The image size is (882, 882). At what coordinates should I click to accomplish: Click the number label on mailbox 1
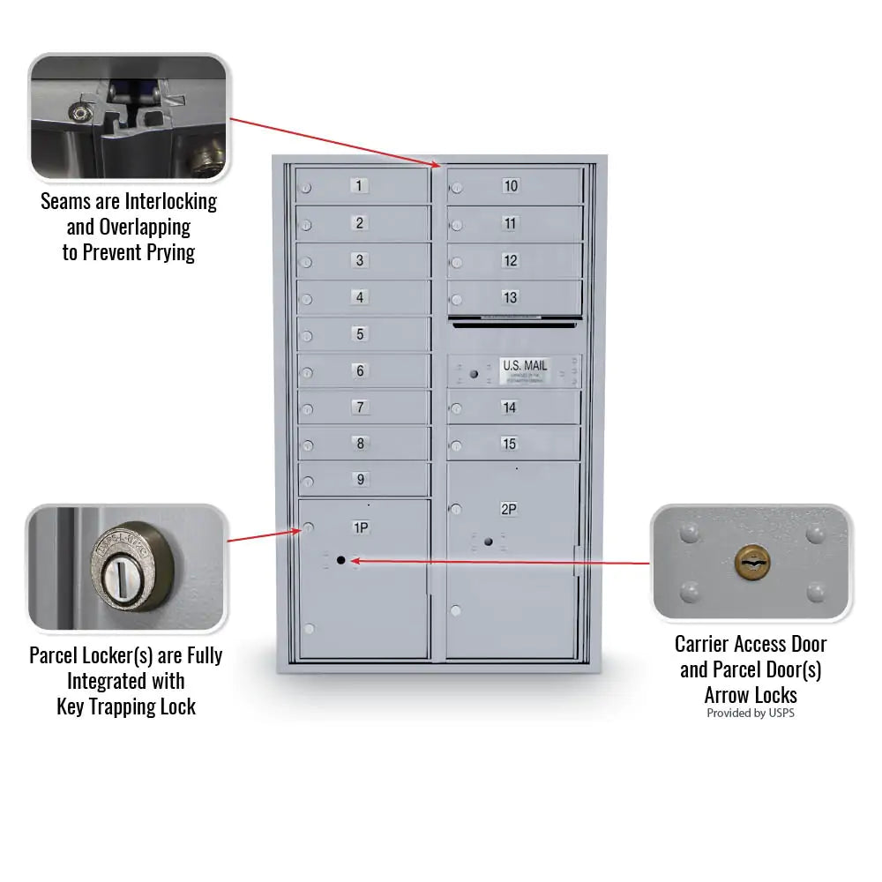click(x=359, y=186)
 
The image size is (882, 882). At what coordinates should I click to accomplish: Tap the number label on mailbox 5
click(x=359, y=334)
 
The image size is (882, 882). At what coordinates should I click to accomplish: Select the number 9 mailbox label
click(x=360, y=480)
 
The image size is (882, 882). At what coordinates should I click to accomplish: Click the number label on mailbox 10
click(x=511, y=186)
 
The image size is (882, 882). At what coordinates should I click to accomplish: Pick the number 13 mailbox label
click(x=510, y=297)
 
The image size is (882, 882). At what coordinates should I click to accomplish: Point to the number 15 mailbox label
click(x=509, y=444)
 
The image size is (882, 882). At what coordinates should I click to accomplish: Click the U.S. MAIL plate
click(x=525, y=370)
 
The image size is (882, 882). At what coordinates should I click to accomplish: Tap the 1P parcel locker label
click(x=361, y=527)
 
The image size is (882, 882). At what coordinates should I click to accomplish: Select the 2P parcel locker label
click(x=509, y=509)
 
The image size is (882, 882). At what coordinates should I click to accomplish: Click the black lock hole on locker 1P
click(x=340, y=560)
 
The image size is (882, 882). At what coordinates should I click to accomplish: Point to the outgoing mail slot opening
click(x=515, y=324)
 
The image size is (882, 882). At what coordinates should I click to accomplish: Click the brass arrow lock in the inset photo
click(x=751, y=559)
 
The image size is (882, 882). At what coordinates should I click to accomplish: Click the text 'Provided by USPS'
click(x=750, y=713)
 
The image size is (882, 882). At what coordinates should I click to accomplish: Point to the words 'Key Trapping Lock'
click(x=126, y=706)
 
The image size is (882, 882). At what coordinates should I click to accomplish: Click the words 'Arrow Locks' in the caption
click(x=751, y=694)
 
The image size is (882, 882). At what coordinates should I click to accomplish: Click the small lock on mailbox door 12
click(x=456, y=262)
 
